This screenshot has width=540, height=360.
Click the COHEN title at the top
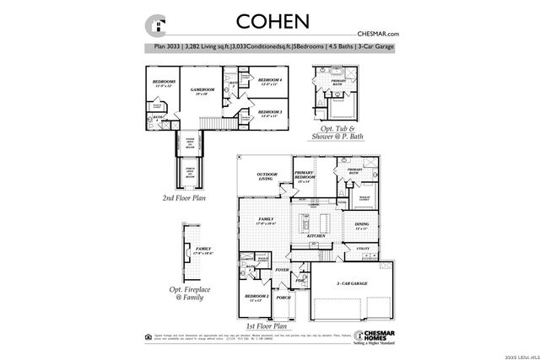tap(273, 19)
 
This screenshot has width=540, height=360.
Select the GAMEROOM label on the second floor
tap(203, 89)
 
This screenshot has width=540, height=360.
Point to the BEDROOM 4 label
tap(269, 81)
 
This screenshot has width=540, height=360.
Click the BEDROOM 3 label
tap(269, 111)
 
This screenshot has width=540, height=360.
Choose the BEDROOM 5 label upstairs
tap(165, 83)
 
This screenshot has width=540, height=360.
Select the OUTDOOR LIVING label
tap(267, 176)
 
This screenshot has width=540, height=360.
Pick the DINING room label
tap(363, 226)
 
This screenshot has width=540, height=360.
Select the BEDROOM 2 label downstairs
tap(256, 298)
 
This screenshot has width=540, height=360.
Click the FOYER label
tap(282, 271)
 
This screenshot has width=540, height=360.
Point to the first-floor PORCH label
tap(283, 298)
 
